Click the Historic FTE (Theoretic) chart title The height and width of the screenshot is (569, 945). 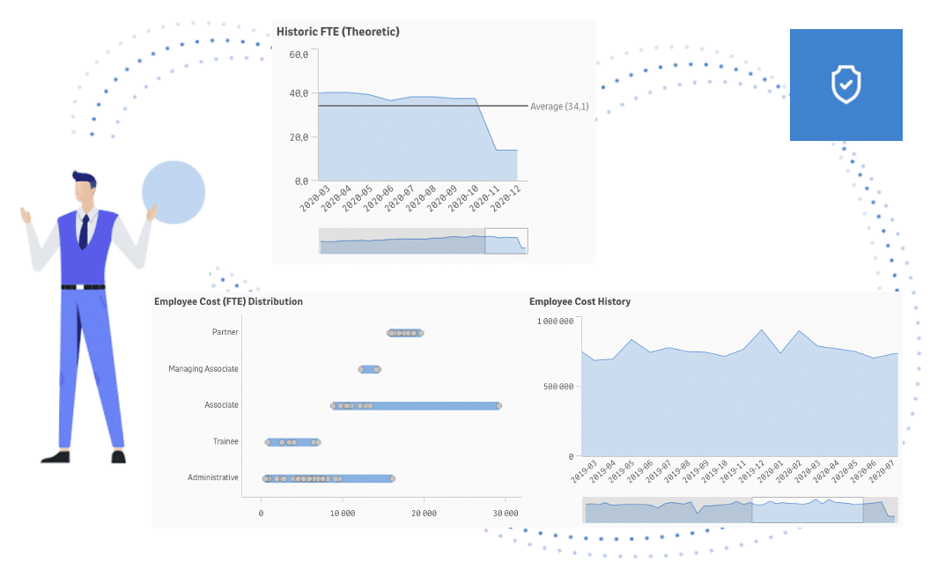[x=338, y=32]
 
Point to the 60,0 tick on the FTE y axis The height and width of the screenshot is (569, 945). [x=299, y=55]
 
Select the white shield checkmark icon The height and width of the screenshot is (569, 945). [x=845, y=85]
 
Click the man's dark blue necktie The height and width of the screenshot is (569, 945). [x=84, y=231]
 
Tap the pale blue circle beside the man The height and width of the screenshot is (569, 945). [x=173, y=192]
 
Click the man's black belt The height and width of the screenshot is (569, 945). [x=83, y=286]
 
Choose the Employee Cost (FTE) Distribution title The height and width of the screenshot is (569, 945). [x=228, y=301]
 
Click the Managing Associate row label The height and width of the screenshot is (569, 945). [x=203, y=368]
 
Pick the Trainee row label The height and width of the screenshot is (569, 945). [x=225, y=441]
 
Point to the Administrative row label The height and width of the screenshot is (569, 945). [x=213, y=477]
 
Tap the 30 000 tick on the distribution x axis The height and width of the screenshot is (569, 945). [x=505, y=512]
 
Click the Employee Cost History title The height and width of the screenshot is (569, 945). [x=580, y=301]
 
